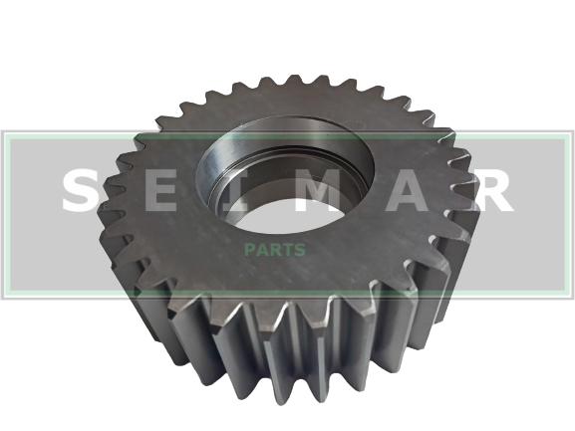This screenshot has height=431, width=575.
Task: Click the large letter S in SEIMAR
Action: pos(81,190)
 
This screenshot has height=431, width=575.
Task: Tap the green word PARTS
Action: pos(275,250)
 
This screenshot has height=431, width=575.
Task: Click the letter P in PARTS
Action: pos(250,250)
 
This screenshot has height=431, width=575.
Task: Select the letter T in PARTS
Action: pos(287,250)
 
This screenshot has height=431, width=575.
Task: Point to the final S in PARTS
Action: pos(299,250)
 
